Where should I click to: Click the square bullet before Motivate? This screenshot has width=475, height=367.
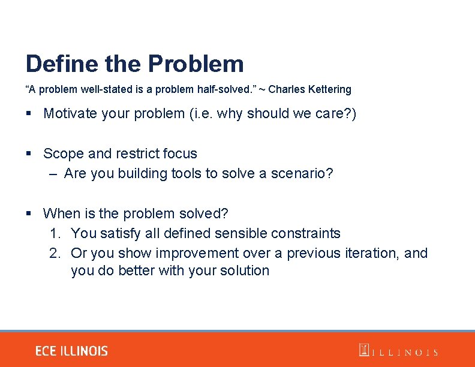pos(29,114)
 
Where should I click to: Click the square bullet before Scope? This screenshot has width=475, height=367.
pos(29,154)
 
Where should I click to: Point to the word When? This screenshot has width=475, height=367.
pos(61,213)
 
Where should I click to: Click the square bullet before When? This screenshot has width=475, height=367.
pos(29,214)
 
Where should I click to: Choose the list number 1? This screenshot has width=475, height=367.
pos(55,233)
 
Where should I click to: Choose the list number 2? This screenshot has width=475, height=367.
pos(55,253)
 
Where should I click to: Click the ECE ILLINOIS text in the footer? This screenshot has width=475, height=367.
pos(71,351)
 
